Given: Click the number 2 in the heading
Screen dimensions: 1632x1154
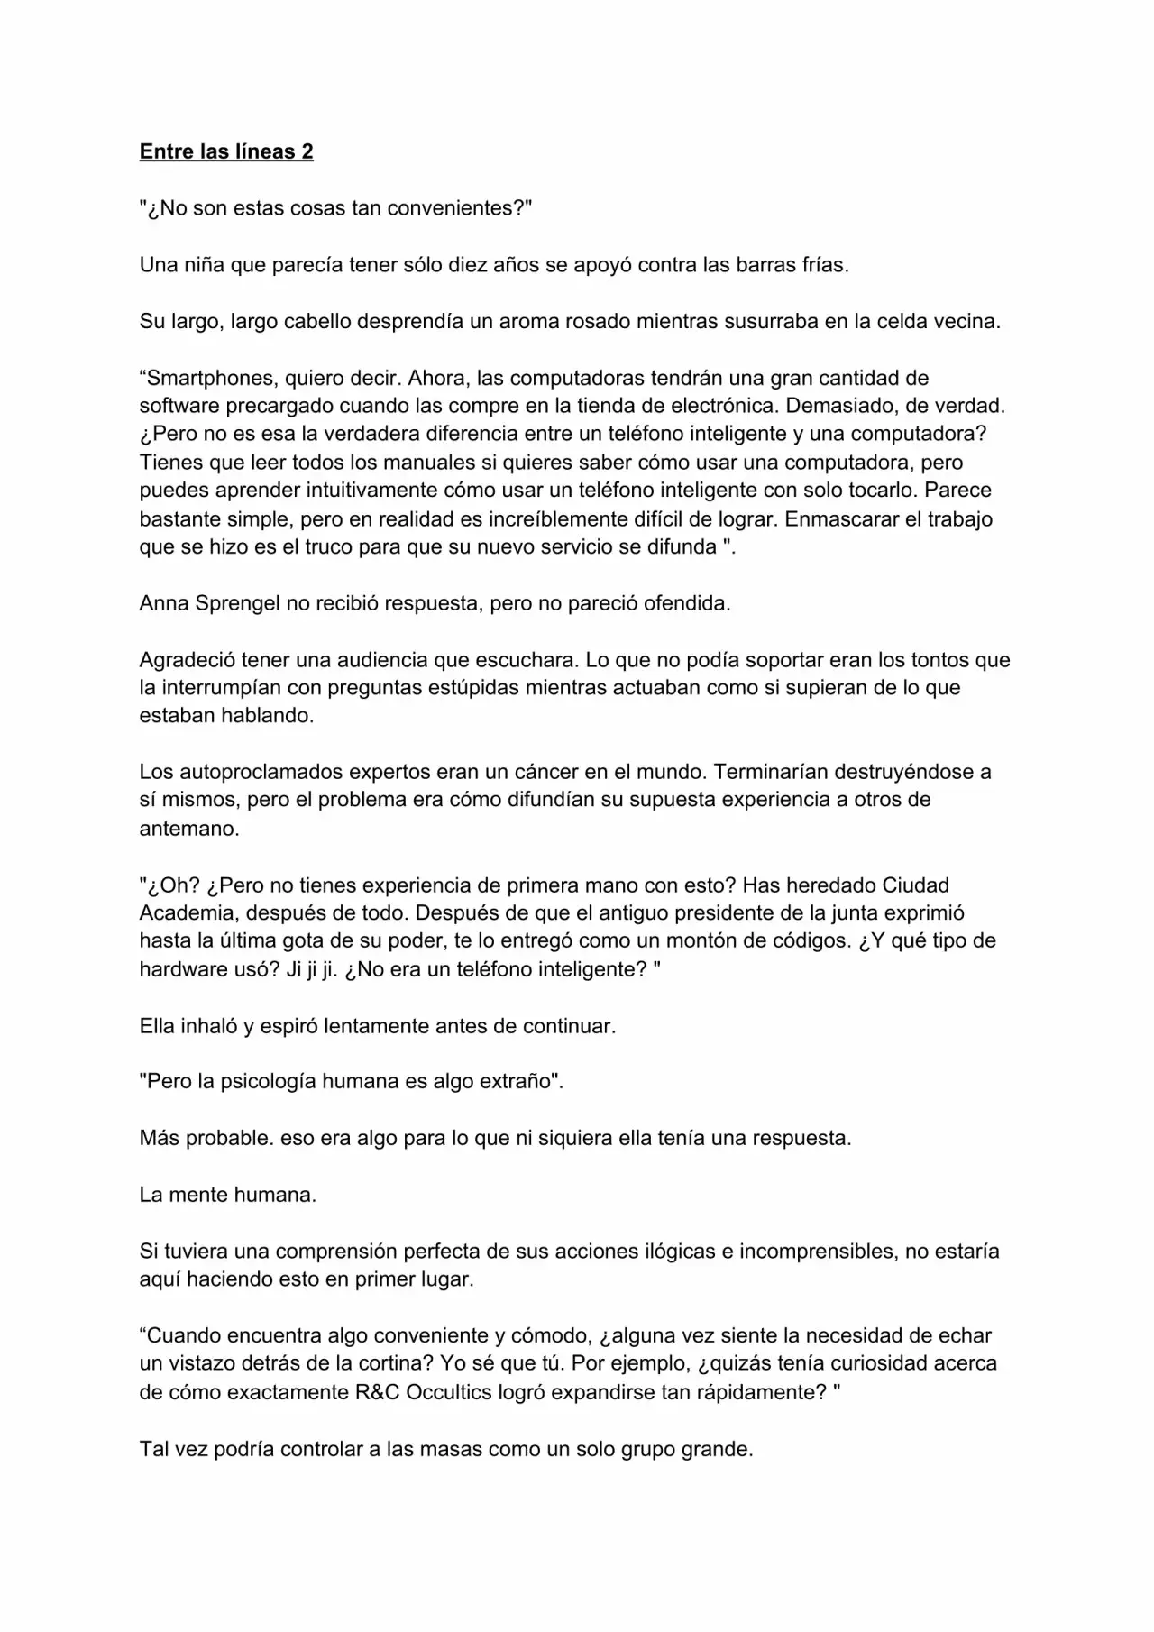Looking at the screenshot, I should (307, 151).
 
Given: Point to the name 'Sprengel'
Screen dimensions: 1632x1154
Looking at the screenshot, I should (237, 603).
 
